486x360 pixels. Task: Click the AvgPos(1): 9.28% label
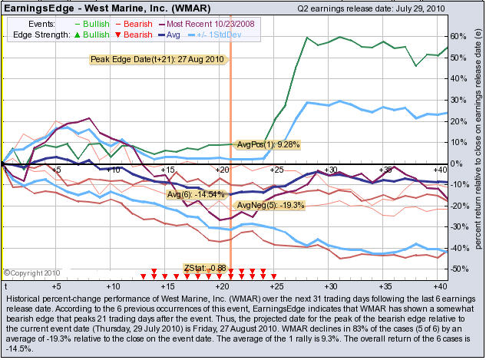[267, 144]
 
